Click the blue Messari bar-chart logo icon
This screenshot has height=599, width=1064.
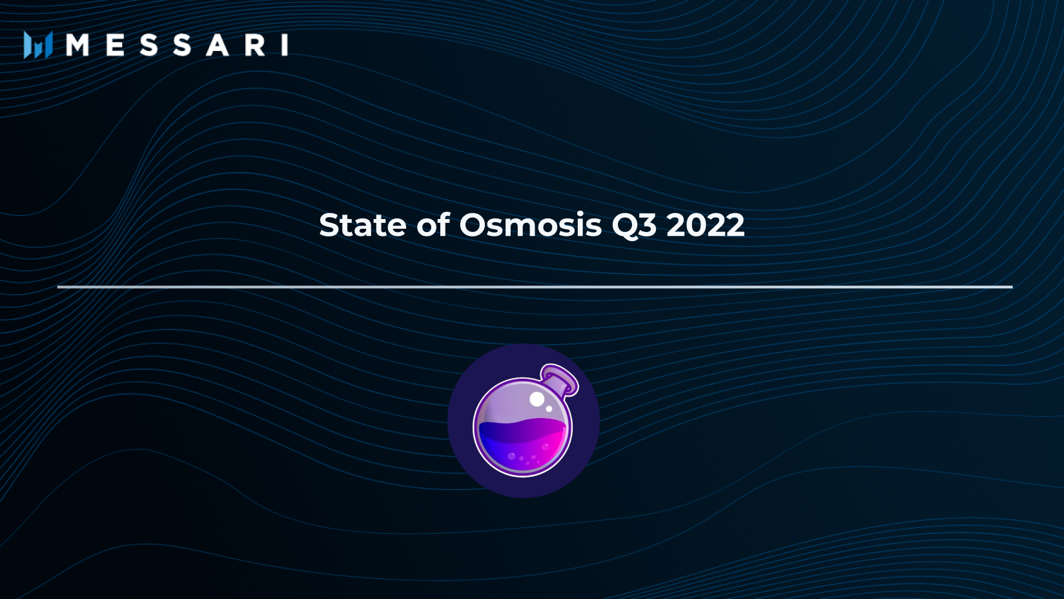tap(37, 45)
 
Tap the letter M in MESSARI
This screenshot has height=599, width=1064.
tap(77, 45)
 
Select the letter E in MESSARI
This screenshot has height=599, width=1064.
tap(116, 45)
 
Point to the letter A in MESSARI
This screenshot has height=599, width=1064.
tap(217, 45)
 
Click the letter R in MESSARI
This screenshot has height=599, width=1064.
tap(254, 45)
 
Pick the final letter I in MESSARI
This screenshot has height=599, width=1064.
tap(285, 45)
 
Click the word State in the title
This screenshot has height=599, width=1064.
tap(362, 226)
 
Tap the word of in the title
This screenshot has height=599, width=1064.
tap(433, 226)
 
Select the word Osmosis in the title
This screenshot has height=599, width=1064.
tap(530, 226)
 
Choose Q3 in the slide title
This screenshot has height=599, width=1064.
tap(634, 226)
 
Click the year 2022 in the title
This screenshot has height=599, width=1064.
tap(705, 226)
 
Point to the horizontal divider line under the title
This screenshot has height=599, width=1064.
tap(535, 286)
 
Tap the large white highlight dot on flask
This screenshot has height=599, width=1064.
tap(537, 399)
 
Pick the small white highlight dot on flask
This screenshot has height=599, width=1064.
tap(549, 409)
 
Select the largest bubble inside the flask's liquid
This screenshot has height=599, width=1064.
tap(512, 456)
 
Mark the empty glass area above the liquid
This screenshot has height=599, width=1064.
tap(510, 404)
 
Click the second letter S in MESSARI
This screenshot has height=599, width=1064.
tap(182, 45)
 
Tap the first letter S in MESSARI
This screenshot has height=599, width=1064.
tap(148, 45)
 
